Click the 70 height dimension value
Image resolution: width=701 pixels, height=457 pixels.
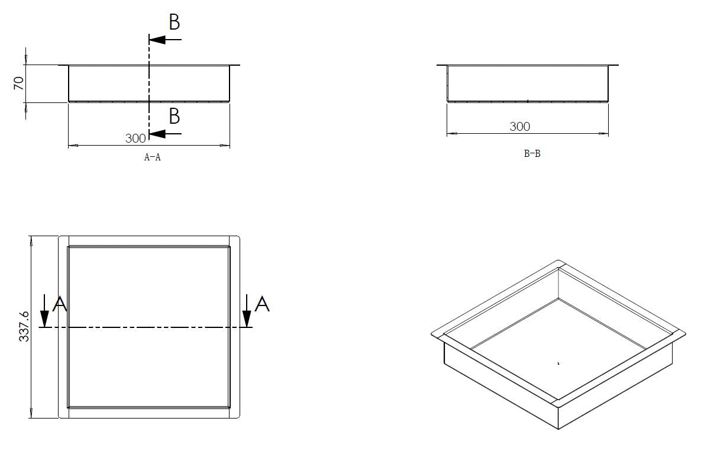coord(19,83)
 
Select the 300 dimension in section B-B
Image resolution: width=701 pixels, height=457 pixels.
coord(519,126)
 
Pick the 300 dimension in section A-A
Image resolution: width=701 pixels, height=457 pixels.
coord(135,138)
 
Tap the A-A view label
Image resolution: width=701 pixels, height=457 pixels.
coord(152,157)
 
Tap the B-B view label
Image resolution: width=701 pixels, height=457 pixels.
coord(532,154)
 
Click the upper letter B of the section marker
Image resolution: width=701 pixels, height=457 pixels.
coord(174,22)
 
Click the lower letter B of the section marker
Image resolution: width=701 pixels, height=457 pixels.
coord(174,117)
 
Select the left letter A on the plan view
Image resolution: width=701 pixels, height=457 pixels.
coord(60,304)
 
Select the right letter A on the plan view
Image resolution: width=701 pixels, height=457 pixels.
coord(262,304)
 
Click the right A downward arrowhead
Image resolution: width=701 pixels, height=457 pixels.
coord(247,320)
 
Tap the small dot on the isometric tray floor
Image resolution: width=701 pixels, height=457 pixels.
coord(558,363)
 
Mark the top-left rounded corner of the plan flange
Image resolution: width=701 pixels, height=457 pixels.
coord(60,239)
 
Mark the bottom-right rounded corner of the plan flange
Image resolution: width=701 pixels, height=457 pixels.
coord(237,417)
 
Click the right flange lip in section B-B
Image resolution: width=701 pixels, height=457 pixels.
coord(613,65)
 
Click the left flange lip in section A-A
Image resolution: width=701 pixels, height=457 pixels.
coord(63,65)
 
